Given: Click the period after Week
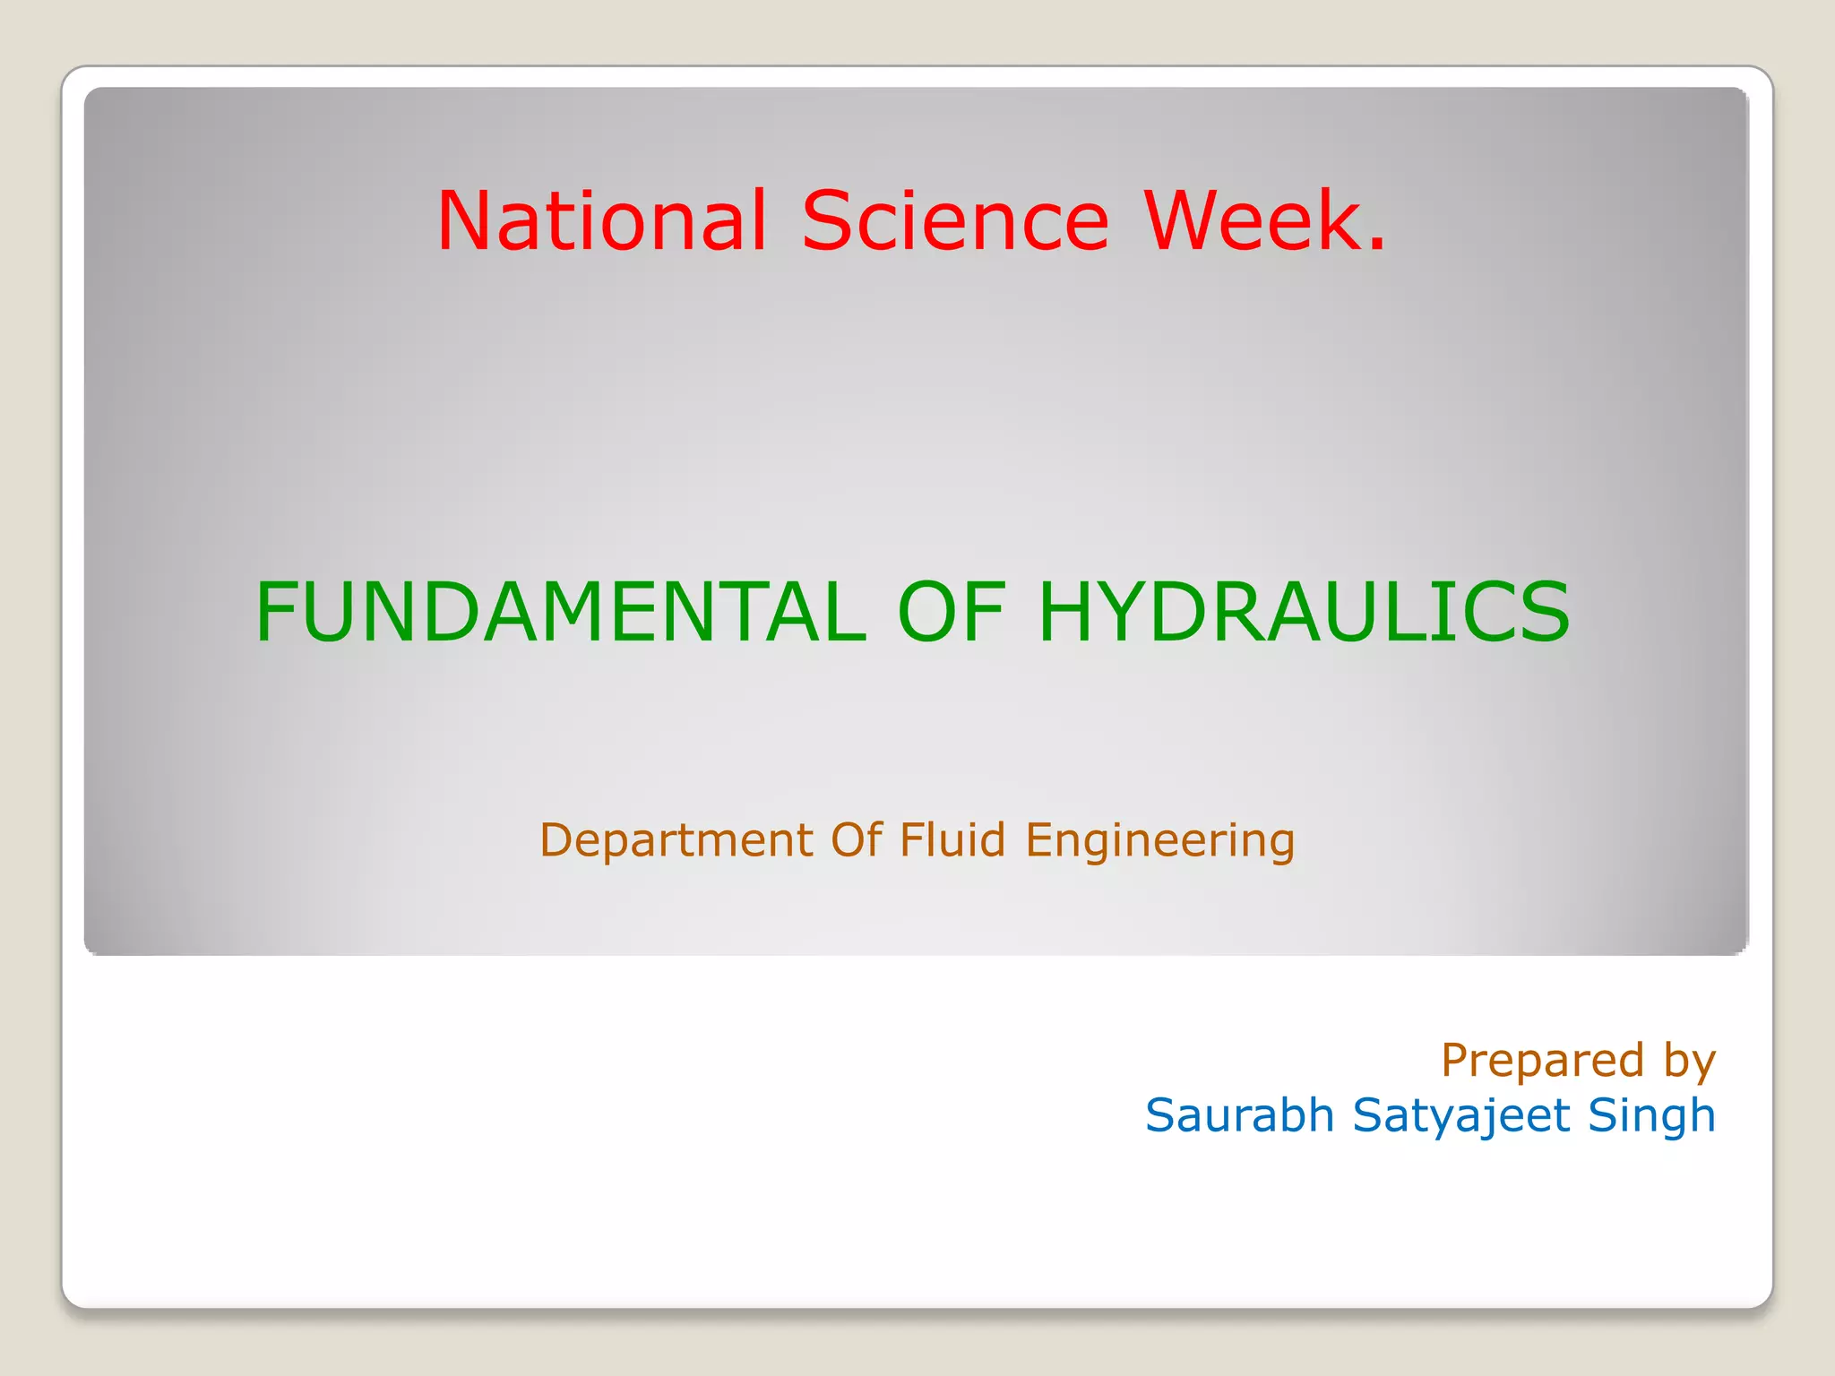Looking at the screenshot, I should [1377, 244].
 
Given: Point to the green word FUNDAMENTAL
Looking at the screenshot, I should [561, 612].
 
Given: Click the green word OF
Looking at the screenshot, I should [952, 612].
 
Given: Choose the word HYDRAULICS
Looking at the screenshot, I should [1303, 612].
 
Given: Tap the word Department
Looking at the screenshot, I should [676, 841].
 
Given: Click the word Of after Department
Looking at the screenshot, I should [857, 839].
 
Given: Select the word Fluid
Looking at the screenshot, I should [952, 839].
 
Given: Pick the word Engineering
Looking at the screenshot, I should [1159, 841].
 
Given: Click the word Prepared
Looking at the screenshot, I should [1542, 1061].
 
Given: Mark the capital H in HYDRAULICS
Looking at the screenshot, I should [1067, 612].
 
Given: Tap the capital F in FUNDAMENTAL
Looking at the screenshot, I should [274, 612].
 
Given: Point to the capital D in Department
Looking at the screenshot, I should [556, 839].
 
